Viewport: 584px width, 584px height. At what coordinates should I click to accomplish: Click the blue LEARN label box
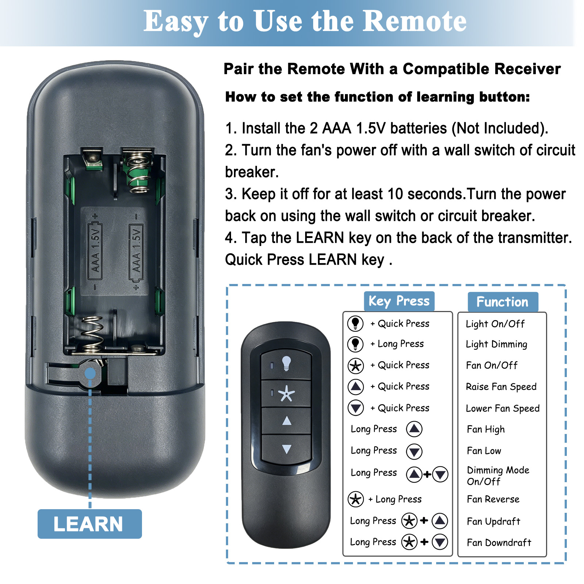[x=89, y=524]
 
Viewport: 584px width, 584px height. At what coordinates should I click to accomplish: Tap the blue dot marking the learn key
[x=90, y=373]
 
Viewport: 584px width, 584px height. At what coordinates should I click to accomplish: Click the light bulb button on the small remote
[x=286, y=364]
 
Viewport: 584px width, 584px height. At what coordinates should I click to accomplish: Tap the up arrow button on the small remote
[x=287, y=421]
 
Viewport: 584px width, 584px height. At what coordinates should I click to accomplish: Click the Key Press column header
[x=399, y=301]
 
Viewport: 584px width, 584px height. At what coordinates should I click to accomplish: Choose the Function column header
[x=503, y=302]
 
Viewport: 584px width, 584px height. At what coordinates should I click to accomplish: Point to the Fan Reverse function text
[x=493, y=499]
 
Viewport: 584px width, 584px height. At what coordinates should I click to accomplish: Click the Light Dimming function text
[x=496, y=344]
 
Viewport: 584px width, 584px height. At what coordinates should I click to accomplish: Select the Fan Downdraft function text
[x=499, y=542]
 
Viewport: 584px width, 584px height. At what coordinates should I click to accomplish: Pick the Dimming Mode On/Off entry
[x=498, y=476]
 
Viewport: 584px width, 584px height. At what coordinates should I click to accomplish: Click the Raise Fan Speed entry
[x=501, y=387]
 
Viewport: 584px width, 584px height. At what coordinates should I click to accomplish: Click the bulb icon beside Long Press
[x=355, y=344]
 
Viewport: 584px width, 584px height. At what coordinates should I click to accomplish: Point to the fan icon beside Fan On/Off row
[x=356, y=365]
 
